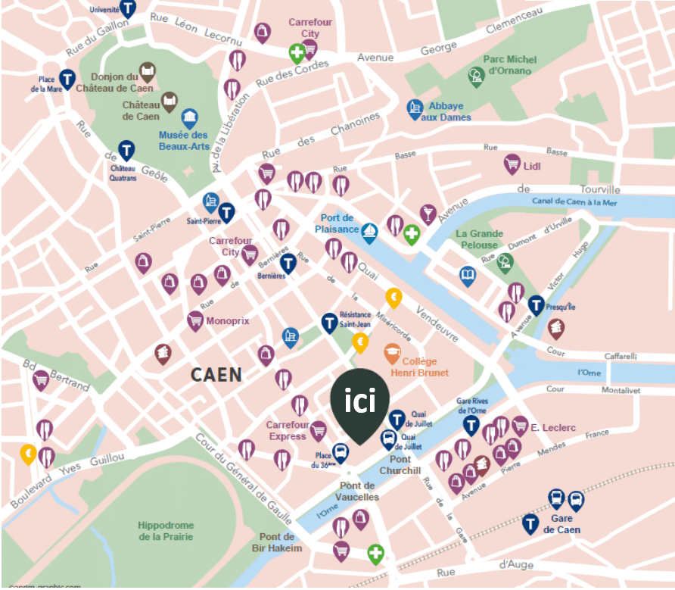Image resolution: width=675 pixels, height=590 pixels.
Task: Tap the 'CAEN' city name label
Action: [x=216, y=374]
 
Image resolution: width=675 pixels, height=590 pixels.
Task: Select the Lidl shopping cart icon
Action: [x=512, y=164]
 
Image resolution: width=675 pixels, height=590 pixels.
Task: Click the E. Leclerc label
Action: [x=553, y=428]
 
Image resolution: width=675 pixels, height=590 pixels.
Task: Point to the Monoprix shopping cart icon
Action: [x=196, y=320]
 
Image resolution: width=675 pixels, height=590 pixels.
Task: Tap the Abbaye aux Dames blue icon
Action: [x=415, y=108]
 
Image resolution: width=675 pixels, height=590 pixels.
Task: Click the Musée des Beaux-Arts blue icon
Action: [x=190, y=118]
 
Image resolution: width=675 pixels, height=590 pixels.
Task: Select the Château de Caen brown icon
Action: [x=170, y=101]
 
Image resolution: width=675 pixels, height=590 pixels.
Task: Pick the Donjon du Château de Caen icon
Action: [x=148, y=73]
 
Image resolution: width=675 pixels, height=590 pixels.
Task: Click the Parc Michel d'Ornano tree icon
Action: [x=476, y=76]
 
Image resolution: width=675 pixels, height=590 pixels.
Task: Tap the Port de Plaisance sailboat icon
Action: [x=369, y=232]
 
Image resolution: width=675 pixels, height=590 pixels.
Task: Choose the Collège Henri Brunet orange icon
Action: [x=392, y=353]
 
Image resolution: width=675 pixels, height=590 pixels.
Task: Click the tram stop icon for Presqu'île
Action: [x=537, y=305]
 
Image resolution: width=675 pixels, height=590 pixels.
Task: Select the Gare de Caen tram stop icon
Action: [x=530, y=523]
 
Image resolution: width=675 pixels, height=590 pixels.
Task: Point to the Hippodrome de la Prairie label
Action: [x=166, y=531]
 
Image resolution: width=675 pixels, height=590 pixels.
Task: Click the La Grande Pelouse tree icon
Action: [x=505, y=263]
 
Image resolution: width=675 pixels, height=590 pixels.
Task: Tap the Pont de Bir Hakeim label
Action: [x=281, y=542]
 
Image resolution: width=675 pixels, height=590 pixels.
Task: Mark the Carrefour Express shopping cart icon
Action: [x=319, y=430]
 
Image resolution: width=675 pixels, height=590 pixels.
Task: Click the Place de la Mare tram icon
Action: [x=67, y=77]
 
